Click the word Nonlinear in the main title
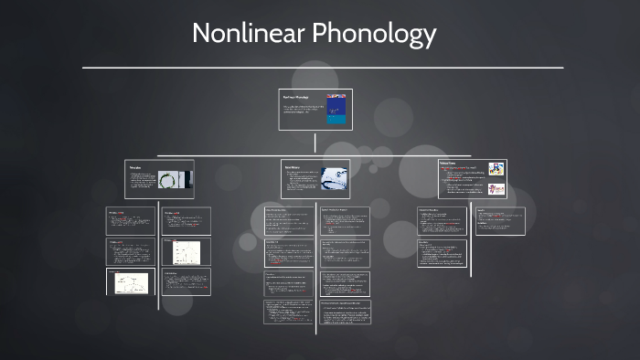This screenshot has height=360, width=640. pyautogui.click(x=250, y=35)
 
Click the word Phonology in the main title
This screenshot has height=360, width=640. pyautogui.click(x=376, y=35)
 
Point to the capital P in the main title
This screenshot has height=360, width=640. pyautogui.click(x=322, y=35)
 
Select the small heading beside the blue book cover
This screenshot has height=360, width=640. pyautogui.click(x=294, y=97)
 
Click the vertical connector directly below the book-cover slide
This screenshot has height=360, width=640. pyautogui.click(x=315, y=143)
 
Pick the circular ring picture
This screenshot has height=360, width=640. pyautogui.click(x=170, y=180)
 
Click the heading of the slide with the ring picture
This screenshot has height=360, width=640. pyautogui.click(x=135, y=168)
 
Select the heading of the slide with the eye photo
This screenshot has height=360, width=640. pyautogui.click(x=293, y=168)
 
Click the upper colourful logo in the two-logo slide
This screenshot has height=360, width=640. pyautogui.click(x=496, y=169)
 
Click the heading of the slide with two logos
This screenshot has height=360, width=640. pyautogui.click(x=448, y=164)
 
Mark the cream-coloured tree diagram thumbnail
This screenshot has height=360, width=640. pyautogui.click(x=131, y=283)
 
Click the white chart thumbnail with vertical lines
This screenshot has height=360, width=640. pyautogui.click(x=186, y=253)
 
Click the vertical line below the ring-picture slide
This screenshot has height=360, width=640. pyautogui.click(x=158, y=256)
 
